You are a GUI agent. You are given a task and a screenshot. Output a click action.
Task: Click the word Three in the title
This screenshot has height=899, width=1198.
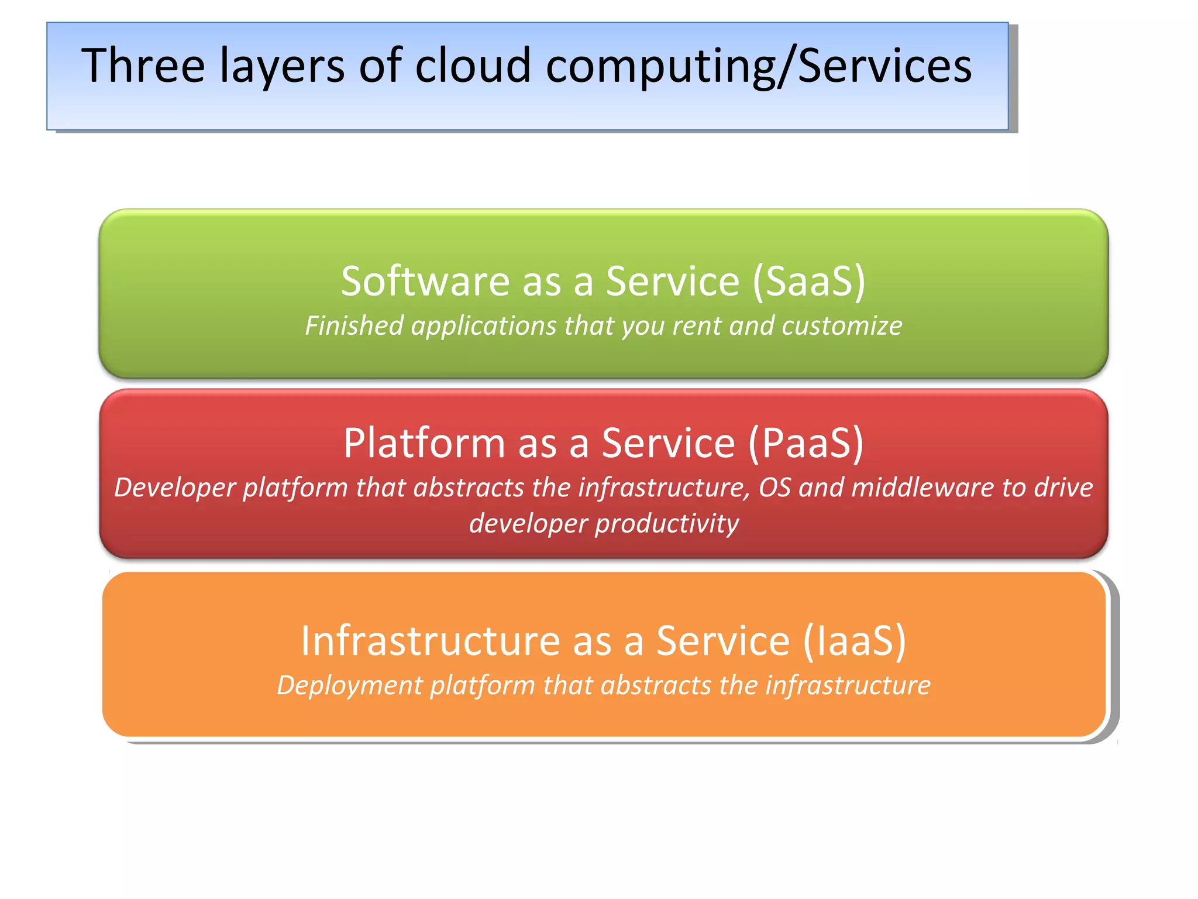coord(143,66)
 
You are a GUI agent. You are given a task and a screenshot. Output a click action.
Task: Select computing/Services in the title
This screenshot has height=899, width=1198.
coord(759,66)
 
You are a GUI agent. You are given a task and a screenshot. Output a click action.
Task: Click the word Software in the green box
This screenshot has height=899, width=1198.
coord(425,282)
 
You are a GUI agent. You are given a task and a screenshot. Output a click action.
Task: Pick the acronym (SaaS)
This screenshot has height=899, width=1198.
coord(808,282)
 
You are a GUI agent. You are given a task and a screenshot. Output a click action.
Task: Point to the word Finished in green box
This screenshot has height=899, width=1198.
coord(354,326)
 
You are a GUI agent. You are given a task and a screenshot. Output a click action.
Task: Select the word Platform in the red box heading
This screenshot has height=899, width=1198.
coord(424,443)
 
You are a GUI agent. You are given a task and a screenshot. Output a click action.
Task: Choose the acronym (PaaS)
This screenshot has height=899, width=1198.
coord(805,443)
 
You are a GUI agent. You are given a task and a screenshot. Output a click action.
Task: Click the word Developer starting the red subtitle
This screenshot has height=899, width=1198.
coord(174,488)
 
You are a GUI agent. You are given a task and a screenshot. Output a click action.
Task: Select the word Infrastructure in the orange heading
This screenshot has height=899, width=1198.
coord(431,641)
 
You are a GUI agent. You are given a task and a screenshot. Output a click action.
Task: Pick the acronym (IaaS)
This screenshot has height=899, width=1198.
coord(854,641)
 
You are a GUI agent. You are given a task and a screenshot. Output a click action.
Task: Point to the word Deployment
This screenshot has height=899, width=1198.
coord(349,685)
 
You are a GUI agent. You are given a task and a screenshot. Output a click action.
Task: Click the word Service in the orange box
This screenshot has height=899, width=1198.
coord(723,641)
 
